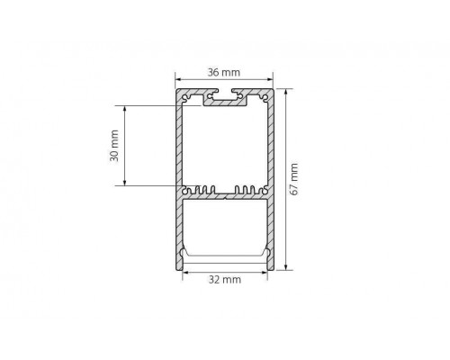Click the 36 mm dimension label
tap(224, 73)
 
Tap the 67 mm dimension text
tap(294, 179)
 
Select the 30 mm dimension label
tap(114, 146)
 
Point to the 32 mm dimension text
tap(225, 280)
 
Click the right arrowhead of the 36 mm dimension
tap(270, 79)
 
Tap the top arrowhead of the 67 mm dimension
tap(286, 93)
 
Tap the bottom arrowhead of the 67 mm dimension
tap(286, 266)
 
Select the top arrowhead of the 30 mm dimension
tap(125, 109)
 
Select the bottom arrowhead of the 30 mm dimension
tap(125, 182)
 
